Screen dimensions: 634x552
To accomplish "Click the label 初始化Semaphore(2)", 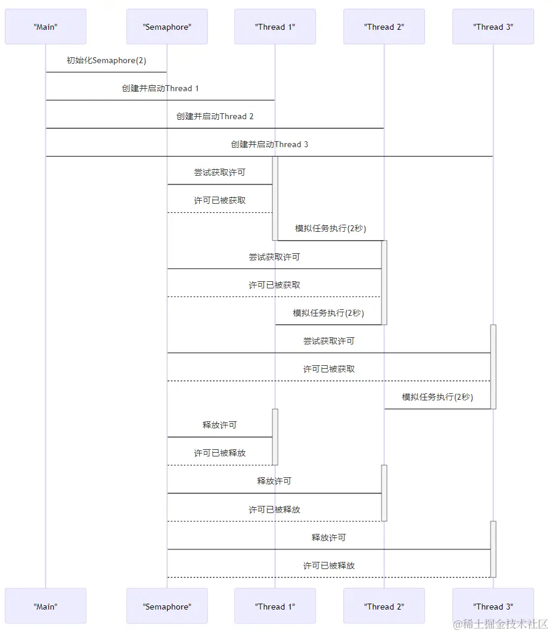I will pyautogui.click(x=106, y=61).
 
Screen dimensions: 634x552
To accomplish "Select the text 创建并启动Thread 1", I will pyautogui.click(x=160, y=89).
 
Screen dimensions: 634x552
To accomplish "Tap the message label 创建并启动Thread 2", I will pyautogui.click(x=215, y=117).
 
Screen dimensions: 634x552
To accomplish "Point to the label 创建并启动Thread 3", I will pyautogui.click(x=269, y=145).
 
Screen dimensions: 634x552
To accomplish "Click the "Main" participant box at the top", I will pyautogui.click(x=45, y=27).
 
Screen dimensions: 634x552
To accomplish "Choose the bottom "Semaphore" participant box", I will pyautogui.click(x=167, y=607).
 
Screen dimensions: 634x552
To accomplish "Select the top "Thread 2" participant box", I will pyautogui.click(x=384, y=27).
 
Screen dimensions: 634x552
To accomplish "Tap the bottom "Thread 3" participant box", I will pyautogui.click(x=493, y=607).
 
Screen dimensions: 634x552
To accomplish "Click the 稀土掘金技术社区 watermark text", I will pyautogui.click(x=501, y=624).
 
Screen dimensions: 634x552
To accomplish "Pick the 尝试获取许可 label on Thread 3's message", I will pyautogui.click(x=328, y=341).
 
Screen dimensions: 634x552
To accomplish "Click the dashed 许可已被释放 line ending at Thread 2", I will pyautogui.click(x=274, y=521).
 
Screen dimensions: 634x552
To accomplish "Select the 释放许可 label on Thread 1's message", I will pyautogui.click(x=219, y=425).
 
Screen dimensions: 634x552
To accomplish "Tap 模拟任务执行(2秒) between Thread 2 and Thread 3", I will pyautogui.click(x=438, y=397).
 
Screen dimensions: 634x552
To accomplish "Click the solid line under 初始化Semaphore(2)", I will pyautogui.click(x=106, y=72).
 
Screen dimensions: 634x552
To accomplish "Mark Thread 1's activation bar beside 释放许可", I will pyautogui.click(x=275, y=437).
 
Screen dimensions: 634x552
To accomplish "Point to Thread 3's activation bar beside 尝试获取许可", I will pyautogui.click(x=493, y=366).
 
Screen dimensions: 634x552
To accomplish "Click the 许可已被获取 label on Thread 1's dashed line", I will pyautogui.click(x=219, y=201).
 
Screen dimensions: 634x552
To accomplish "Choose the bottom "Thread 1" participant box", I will pyautogui.click(x=275, y=607).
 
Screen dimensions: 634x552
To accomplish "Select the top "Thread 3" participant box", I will pyautogui.click(x=493, y=27).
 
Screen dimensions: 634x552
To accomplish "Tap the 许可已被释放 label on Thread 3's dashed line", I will pyautogui.click(x=328, y=566).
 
